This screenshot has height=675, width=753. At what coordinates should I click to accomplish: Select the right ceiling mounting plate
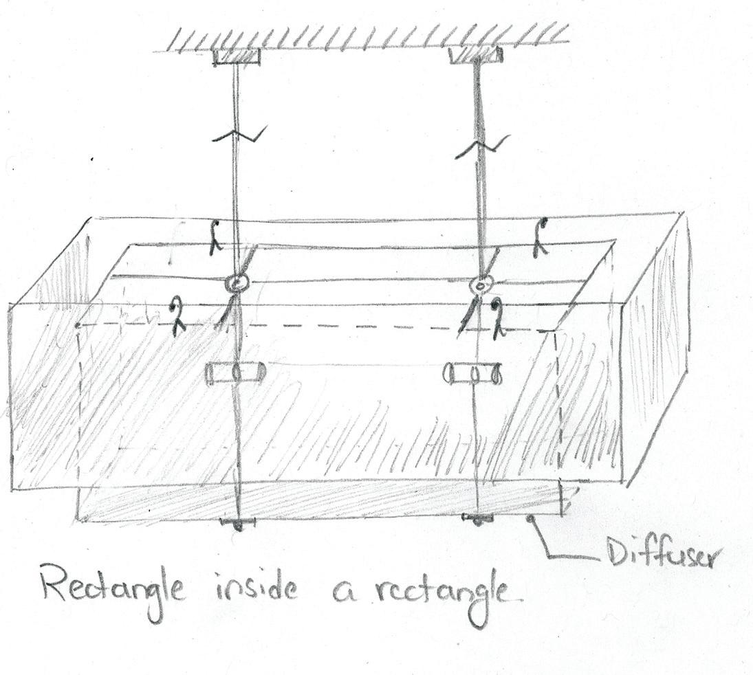click(x=476, y=55)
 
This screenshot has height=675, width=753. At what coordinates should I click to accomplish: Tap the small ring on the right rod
click(x=481, y=285)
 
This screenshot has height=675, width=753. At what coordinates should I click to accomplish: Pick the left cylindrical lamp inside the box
click(x=236, y=373)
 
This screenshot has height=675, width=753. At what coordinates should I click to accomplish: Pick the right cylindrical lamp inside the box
click(x=474, y=374)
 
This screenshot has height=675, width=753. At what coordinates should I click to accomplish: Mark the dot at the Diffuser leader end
click(x=531, y=520)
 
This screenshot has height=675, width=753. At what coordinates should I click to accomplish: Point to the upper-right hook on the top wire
click(x=542, y=238)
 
